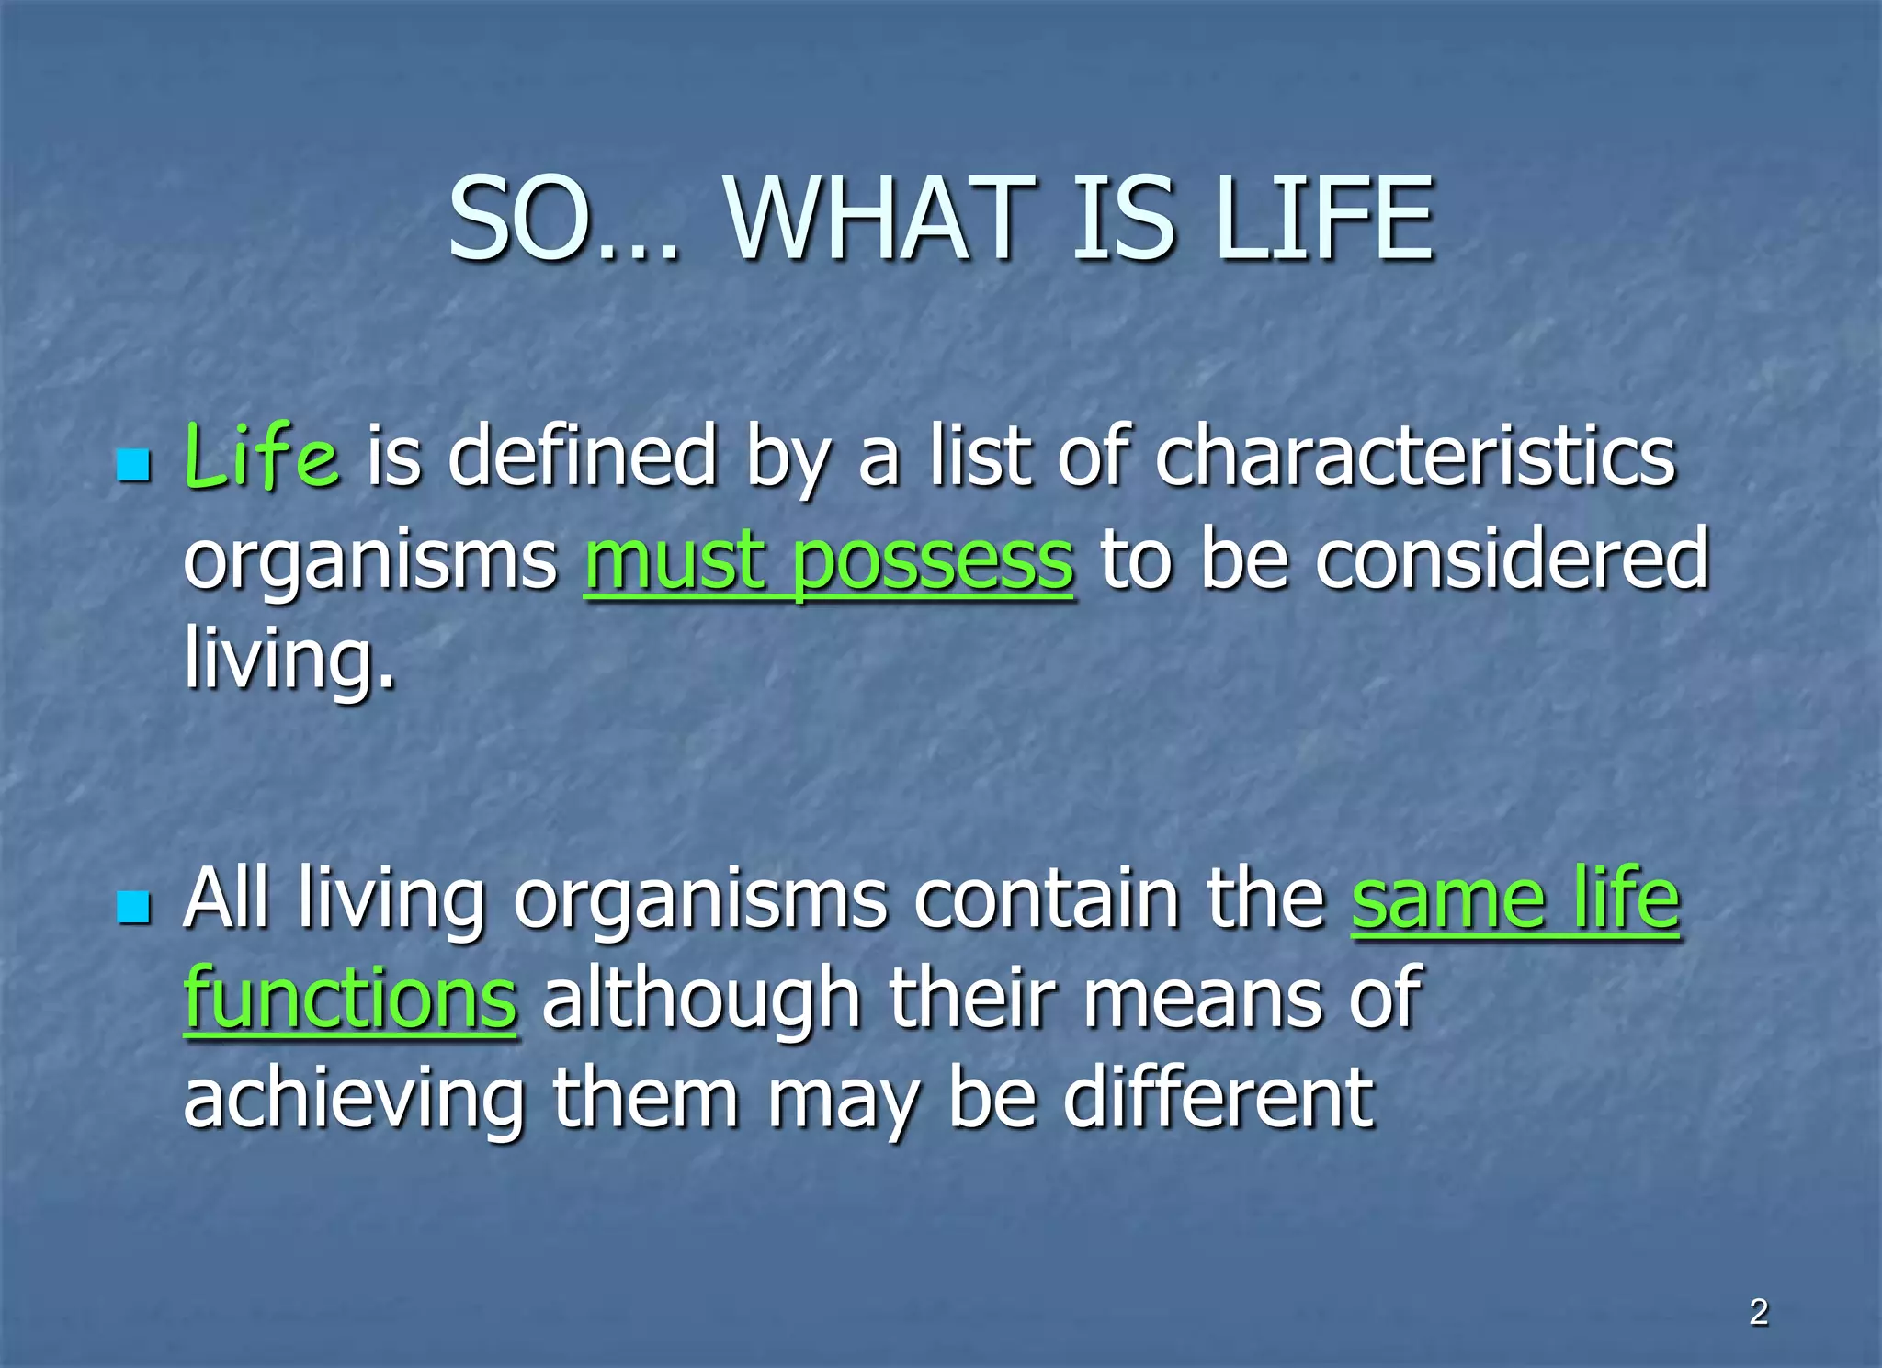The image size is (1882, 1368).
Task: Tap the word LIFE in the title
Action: (1323, 220)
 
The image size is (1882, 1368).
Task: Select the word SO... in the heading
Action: (563, 220)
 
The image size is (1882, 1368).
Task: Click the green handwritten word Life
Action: (262, 457)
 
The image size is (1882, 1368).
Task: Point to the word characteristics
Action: (1415, 457)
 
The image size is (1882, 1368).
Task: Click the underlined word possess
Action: (932, 560)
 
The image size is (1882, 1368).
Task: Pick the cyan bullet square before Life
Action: (134, 466)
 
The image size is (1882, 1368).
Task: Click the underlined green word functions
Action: (350, 1000)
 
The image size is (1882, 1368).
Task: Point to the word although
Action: (701, 1000)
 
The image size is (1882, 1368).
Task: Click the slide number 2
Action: (1759, 1312)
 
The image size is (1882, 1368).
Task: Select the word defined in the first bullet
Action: (582, 457)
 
